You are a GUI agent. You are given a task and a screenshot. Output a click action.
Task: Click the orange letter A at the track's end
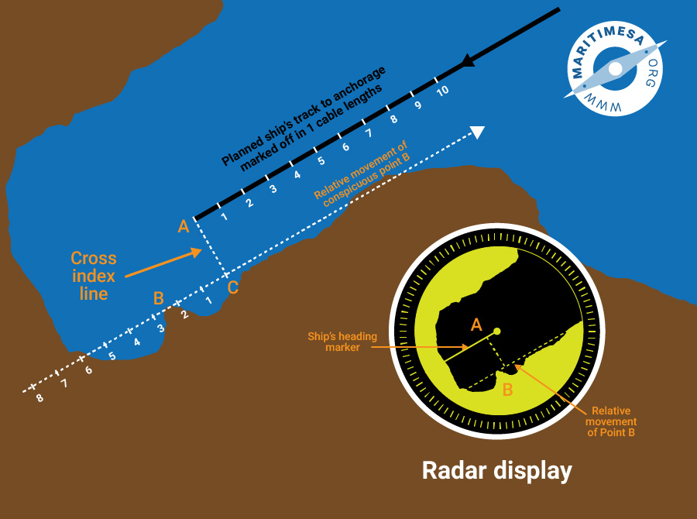coord(184,227)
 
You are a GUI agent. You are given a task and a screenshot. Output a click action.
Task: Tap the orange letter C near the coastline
coord(233,287)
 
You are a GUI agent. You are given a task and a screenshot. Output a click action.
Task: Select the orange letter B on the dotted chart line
coord(159,298)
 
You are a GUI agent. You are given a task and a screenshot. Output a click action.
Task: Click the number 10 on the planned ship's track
coord(442,91)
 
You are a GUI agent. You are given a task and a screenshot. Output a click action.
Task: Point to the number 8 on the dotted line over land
coord(39,397)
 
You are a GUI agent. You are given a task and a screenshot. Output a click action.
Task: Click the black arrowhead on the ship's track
coord(468,60)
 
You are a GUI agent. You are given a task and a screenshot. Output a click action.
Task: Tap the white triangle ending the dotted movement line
coord(477,132)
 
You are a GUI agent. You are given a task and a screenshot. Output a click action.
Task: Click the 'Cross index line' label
coord(94,276)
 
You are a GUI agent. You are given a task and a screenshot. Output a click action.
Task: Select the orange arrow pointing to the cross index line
coord(163,263)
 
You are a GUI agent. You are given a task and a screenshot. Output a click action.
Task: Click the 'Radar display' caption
coord(496,470)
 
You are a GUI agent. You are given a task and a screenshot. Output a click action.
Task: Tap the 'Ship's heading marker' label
coord(342,342)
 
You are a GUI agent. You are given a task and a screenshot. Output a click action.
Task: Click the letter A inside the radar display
coord(476,325)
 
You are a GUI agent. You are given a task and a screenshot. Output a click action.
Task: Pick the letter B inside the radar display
coord(507,390)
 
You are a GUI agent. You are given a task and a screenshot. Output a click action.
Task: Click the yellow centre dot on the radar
coord(497,331)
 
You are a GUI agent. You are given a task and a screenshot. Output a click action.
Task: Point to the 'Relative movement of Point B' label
coord(611,421)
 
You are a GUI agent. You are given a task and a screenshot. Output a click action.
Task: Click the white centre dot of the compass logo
coord(615,68)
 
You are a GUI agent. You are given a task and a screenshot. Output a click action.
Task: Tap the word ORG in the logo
coord(651,73)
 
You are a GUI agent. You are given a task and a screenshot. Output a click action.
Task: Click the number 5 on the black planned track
coord(321,161)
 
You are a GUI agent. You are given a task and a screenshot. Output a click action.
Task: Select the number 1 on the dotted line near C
coord(208,301)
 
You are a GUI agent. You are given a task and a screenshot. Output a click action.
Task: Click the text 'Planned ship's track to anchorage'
coord(304,116)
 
